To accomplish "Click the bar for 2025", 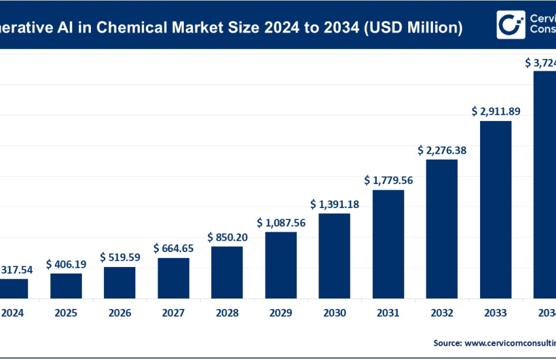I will pyautogui.click(x=66, y=285).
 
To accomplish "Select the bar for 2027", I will pyautogui.click(x=173, y=278).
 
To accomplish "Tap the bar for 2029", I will pyautogui.click(x=281, y=265).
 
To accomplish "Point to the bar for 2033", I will pyautogui.click(x=495, y=209).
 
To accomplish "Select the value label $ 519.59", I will pyautogui.click(x=120, y=257).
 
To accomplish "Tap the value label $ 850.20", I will pyautogui.click(x=227, y=237).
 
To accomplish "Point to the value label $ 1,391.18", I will pyautogui.click(x=334, y=204).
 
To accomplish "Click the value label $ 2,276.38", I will pyautogui.click(x=442, y=151).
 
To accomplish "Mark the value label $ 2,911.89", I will pyautogui.click(x=495, y=111).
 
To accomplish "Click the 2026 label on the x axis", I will pyautogui.click(x=120, y=313).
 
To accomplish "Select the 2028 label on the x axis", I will pyautogui.click(x=227, y=313).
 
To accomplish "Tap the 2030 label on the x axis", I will pyautogui.click(x=334, y=313).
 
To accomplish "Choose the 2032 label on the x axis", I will pyautogui.click(x=442, y=313).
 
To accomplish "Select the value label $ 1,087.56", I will pyautogui.click(x=281, y=223).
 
